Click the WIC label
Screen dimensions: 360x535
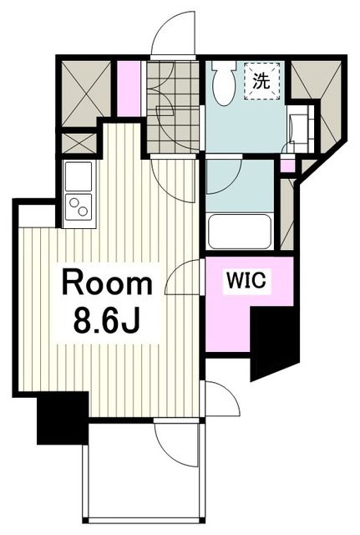click(246, 281)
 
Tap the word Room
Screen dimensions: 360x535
click(107, 283)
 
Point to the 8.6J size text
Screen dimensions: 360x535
click(107, 321)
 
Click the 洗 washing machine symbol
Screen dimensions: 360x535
click(261, 81)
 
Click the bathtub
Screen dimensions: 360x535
click(240, 232)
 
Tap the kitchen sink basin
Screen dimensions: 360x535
click(79, 176)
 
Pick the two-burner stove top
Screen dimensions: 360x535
click(79, 207)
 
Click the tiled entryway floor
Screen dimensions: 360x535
click(173, 107)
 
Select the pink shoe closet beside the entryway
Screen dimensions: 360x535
click(129, 89)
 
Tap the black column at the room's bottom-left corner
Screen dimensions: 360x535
click(63, 418)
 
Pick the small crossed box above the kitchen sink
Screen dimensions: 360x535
click(79, 143)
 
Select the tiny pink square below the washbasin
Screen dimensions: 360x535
click(287, 166)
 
